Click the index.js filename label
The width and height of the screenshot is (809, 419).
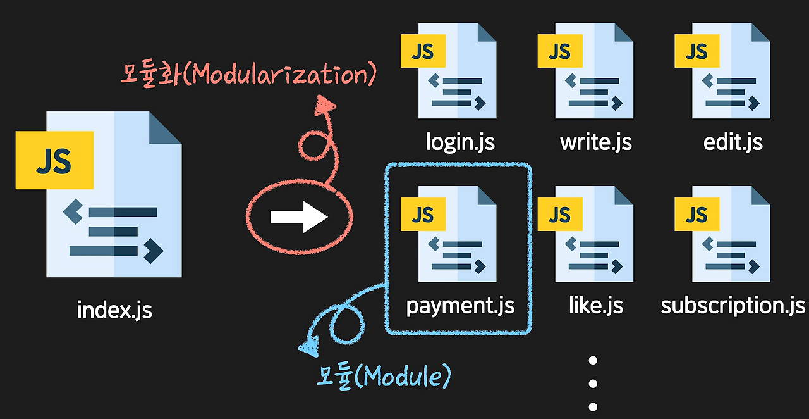(114, 310)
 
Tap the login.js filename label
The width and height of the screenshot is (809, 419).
(460, 142)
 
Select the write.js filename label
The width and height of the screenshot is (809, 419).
(596, 142)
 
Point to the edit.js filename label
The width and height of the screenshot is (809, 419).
(733, 142)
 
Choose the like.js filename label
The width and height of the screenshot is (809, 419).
(596, 305)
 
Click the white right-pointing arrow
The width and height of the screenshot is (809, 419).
(299, 217)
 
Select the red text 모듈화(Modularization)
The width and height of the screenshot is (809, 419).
(248, 74)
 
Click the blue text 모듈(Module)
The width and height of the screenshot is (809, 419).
(384, 377)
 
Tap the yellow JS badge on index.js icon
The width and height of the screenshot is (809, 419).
(54, 160)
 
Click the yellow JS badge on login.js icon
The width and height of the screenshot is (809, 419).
(423, 51)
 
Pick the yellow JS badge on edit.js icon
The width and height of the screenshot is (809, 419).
(696, 51)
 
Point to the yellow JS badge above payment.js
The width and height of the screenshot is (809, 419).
(423, 214)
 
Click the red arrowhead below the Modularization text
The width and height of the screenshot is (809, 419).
(324, 105)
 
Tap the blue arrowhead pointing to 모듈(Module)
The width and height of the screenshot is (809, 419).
(309, 347)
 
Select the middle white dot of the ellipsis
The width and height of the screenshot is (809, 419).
(593, 384)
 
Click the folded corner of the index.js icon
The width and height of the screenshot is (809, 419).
(165, 127)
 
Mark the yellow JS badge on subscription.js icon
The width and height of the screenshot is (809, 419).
(696, 214)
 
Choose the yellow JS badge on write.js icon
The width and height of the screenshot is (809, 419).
(560, 51)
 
